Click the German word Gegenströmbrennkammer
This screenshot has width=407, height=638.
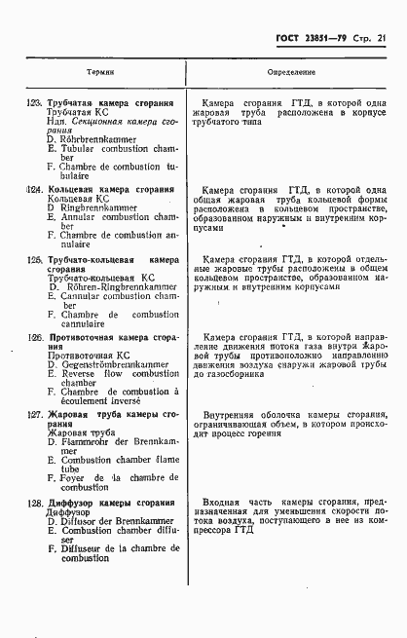click(x=113, y=363)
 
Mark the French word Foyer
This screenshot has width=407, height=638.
click(x=81, y=478)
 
